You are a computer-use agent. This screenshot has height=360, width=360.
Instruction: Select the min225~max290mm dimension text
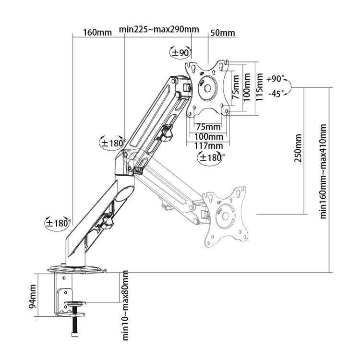click(159, 30)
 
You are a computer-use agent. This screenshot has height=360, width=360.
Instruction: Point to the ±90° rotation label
click(181, 52)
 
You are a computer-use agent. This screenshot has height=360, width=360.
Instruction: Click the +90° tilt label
click(276, 79)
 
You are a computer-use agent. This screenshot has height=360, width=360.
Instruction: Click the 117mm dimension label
click(208, 145)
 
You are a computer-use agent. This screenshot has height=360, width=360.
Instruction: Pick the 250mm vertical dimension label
click(298, 148)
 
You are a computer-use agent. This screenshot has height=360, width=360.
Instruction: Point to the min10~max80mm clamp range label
click(125, 305)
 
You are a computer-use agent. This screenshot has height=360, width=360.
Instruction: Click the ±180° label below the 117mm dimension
click(211, 157)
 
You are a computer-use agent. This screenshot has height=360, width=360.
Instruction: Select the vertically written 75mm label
click(235, 87)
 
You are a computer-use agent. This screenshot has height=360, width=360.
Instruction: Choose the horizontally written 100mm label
click(208, 136)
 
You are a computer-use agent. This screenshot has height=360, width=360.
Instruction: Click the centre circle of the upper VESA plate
click(207, 88)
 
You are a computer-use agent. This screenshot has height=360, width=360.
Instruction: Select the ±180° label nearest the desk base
click(58, 223)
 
